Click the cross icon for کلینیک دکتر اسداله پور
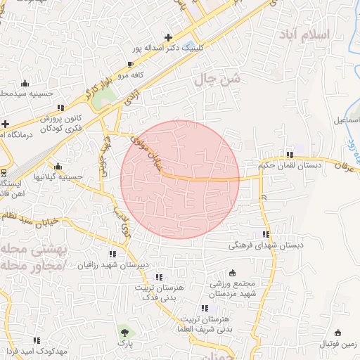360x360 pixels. tap(167, 37)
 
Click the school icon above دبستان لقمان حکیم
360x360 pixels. tap(289, 155)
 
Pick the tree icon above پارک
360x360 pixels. tap(124, 330)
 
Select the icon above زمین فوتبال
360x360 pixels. tap(338, 333)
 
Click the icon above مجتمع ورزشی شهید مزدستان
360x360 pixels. tap(233, 273)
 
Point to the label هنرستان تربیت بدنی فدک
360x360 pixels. tap(160, 293)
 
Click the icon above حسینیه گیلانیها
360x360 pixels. tap(58, 167)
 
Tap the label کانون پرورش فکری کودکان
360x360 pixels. tap(56, 124)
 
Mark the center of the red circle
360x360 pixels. tap(180, 179)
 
